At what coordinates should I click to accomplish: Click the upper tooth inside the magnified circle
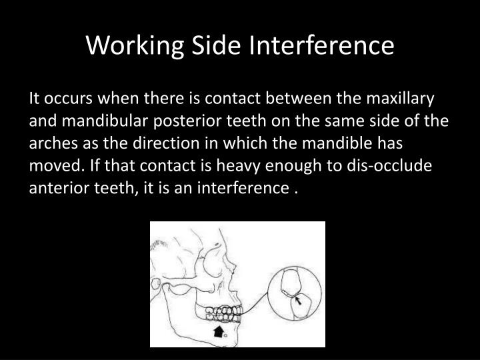[293, 279]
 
